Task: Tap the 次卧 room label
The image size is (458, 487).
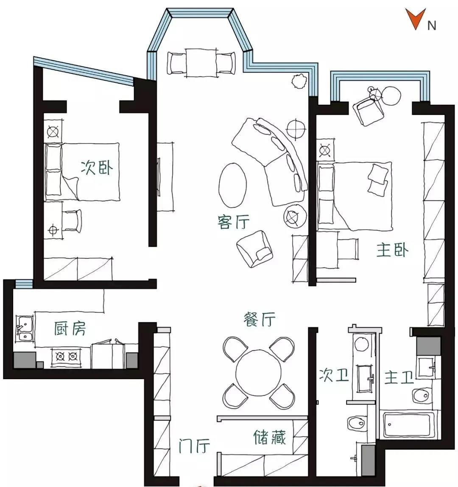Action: (97, 168)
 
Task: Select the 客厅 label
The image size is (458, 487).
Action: (233, 222)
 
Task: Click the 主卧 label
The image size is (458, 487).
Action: (392, 250)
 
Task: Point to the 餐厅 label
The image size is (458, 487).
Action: (260, 319)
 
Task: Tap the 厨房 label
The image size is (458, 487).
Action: (70, 328)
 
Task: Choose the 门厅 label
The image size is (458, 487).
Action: (194, 446)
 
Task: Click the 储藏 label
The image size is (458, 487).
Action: (269, 437)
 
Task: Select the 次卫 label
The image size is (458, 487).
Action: (334, 375)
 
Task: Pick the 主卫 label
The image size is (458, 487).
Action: (399, 377)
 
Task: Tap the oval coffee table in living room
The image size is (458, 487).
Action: (233, 186)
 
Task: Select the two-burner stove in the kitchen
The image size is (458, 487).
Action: (67, 356)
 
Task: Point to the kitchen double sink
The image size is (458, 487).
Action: (25, 329)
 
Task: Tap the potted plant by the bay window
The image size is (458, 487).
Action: (299, 81)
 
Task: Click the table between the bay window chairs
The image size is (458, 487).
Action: (201, 62)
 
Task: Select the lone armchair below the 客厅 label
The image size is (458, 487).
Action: (255, 249)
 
